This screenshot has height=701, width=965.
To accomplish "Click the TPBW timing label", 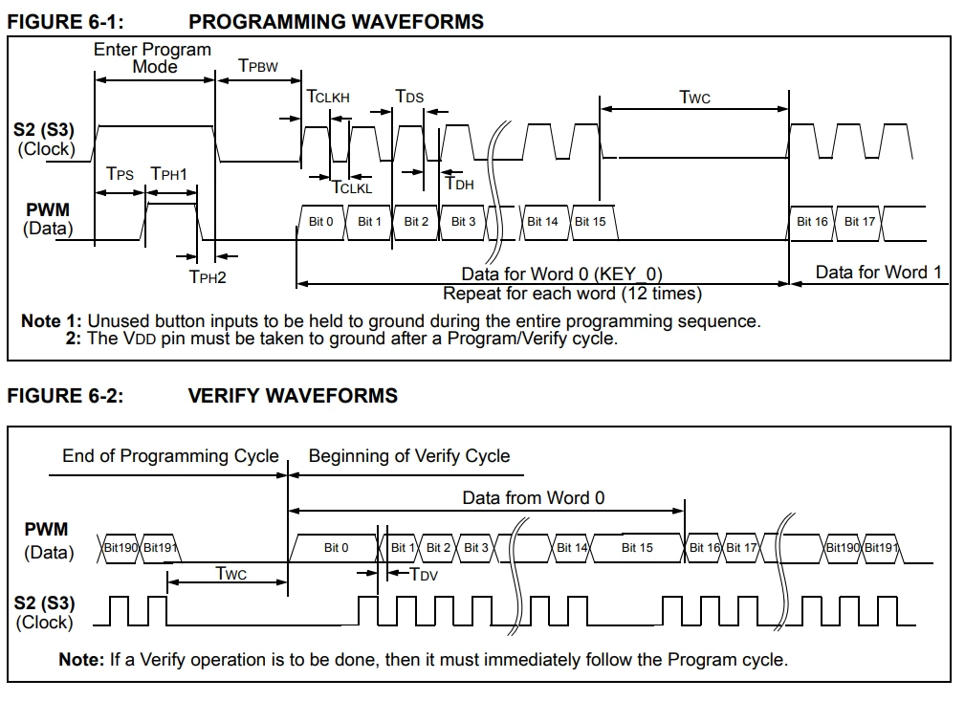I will (258, 65).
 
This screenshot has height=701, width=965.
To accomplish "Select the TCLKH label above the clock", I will (328, 97).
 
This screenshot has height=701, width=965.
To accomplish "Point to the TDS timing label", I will (409, 97).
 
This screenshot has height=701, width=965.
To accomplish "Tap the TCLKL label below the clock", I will (351, 187).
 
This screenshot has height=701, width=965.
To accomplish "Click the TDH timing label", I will (460, 185).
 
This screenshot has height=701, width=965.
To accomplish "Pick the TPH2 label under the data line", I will (208, 277).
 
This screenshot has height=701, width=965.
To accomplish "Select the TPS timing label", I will (121, 174).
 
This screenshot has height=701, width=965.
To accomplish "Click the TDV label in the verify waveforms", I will (424, 574).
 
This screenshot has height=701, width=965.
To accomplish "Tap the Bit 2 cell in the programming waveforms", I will (416, 222).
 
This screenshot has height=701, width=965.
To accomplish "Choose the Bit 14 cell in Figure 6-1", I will (542, 222).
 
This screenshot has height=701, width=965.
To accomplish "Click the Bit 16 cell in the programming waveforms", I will (812, 222).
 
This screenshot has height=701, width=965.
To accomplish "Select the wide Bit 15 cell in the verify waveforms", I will (637, 548).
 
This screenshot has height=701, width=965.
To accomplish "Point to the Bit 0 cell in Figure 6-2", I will (337, 548).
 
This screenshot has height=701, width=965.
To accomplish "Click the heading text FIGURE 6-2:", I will (65, 395).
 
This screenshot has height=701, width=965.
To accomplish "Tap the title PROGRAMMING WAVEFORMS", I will (336, 21).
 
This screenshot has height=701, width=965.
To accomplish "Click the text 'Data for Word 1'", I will (878, 273).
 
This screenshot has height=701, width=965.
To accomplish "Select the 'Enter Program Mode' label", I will (152, 57).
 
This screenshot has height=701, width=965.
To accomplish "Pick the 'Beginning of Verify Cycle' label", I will (409, 456).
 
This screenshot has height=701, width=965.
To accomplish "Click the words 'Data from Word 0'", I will (534, 497).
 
